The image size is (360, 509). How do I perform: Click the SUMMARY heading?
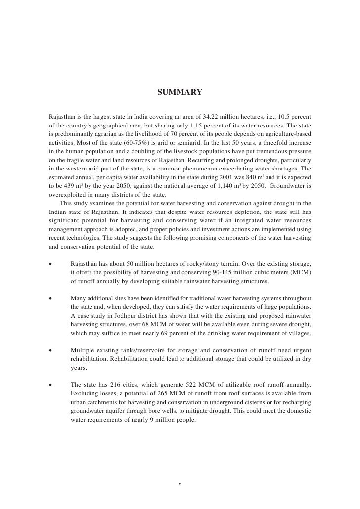click(x=180, y=92)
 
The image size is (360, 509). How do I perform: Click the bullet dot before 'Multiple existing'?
click(x=51, y=351)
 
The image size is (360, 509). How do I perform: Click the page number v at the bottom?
click(x=180, y=484)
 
